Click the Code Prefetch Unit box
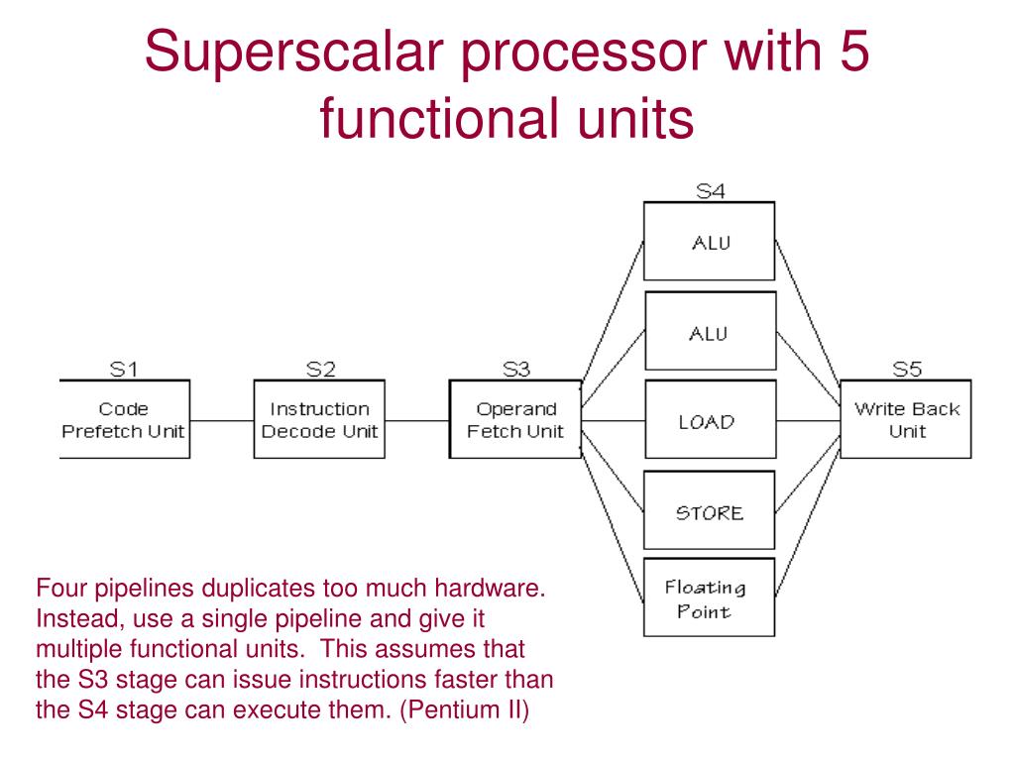125,419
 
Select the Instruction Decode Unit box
319,419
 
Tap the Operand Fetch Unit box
515,419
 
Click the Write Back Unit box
906,419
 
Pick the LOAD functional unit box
708,421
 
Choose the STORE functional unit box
708,511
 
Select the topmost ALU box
708,242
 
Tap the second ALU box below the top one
708,332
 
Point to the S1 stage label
124,370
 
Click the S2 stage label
320,370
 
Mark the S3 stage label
515,370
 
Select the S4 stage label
710,192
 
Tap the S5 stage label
906,370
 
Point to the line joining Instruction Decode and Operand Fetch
417,420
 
